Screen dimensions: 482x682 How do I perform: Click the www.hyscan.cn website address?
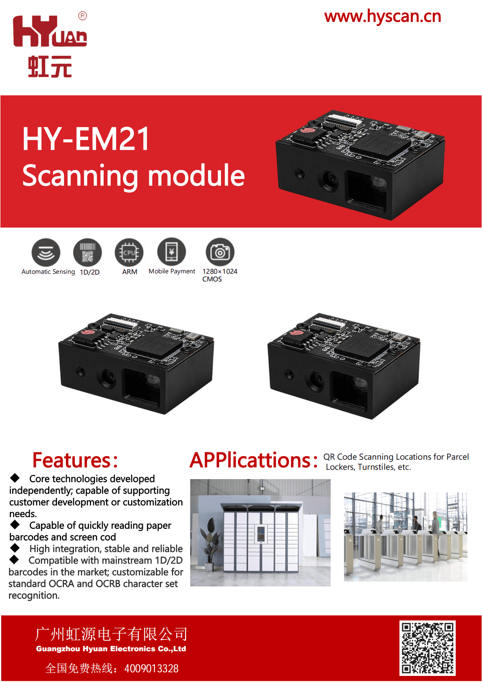tap(382, 17)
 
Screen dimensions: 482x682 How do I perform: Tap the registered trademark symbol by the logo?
tap(83, 16)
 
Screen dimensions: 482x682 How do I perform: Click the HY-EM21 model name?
tap(86, 139)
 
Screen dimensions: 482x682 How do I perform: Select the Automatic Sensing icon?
tap(46, 252)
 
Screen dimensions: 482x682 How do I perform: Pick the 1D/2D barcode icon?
tap(88, 252)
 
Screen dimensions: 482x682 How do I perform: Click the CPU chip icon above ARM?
tap(129, 252)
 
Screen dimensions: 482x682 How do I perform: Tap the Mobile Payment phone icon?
tap(172, 252)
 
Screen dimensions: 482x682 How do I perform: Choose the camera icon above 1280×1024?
tap(220, 252)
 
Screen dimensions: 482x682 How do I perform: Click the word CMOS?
tap(212, 279)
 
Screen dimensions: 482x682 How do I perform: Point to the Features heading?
tap(75, 460)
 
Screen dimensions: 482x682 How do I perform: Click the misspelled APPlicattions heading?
tap(254, 460)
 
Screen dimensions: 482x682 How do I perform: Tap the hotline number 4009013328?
tap(151, 669)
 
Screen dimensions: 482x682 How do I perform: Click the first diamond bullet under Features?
tap(15, 478)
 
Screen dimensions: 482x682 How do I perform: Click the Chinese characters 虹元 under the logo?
tap(50, 66)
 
